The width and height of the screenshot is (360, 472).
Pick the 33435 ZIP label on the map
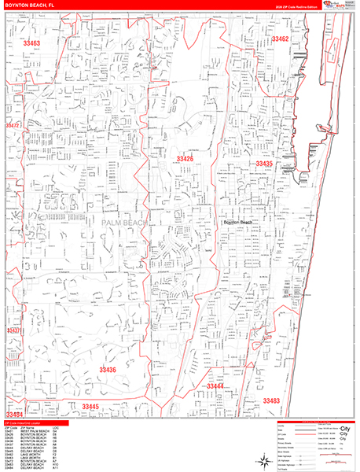coord(263,164)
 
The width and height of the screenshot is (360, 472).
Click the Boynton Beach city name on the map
coord(238,223)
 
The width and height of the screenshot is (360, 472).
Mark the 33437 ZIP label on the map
coord(13,330)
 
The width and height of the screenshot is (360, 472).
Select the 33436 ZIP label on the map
coord(108,369)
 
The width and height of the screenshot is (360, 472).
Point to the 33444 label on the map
coord(215,386)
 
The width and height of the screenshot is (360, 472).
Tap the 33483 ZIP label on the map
coord(270,400)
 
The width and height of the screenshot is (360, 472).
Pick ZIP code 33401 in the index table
coord(9,432)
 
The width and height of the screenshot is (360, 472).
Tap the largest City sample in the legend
coord(343,430)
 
